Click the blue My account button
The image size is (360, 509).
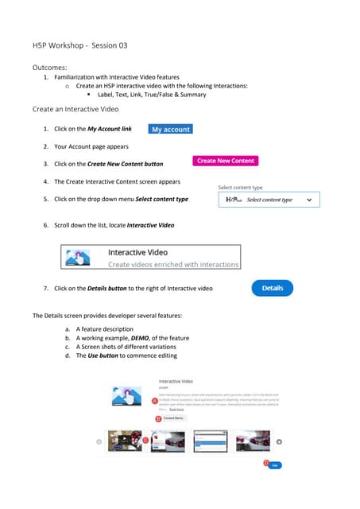point(171,130)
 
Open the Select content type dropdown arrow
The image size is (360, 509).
point(309,200)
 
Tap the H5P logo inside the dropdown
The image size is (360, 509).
point(234,200)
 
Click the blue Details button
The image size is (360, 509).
point(273,289)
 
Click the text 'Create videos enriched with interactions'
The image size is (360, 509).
point(173,264)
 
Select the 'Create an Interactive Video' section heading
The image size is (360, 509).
point(75,108)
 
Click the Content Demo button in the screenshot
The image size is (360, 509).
point(175,418)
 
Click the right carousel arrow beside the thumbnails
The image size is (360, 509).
point(279,441)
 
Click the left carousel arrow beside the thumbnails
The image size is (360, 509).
point(99,441)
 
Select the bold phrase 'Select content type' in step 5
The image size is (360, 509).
point(162,199)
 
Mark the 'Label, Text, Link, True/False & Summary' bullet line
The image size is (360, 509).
point(151,95)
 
